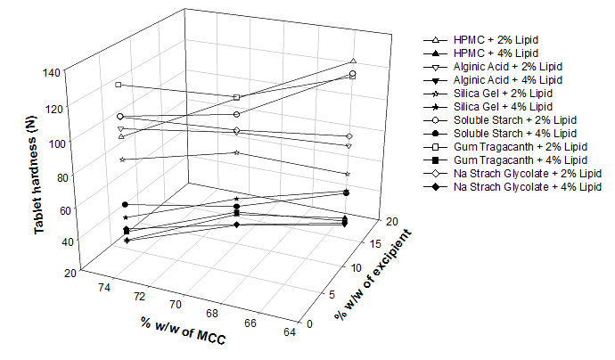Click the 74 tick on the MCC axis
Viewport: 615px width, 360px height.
104,286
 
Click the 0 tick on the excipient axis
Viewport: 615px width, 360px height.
309,324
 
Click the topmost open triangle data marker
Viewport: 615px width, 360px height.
354,61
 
